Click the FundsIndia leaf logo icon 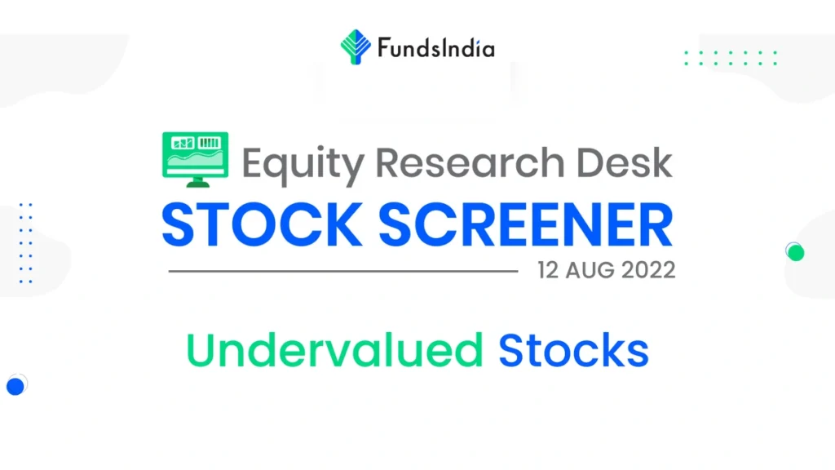[356, 47]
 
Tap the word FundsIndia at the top [435, 48]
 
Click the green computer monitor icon [196, 158]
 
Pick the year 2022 [650, 270]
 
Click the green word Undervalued [334, 351]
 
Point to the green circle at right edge [796, 253]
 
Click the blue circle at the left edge [14, 385]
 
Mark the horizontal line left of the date [342, 271]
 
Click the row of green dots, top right [731, 57]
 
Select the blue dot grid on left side [25, 243]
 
